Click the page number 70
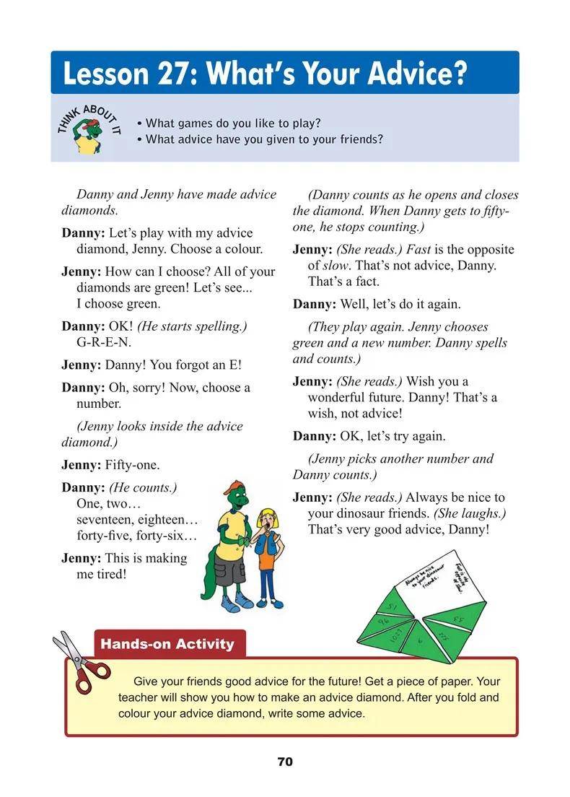[x=285, y=762]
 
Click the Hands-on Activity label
[x=167, y=644]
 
